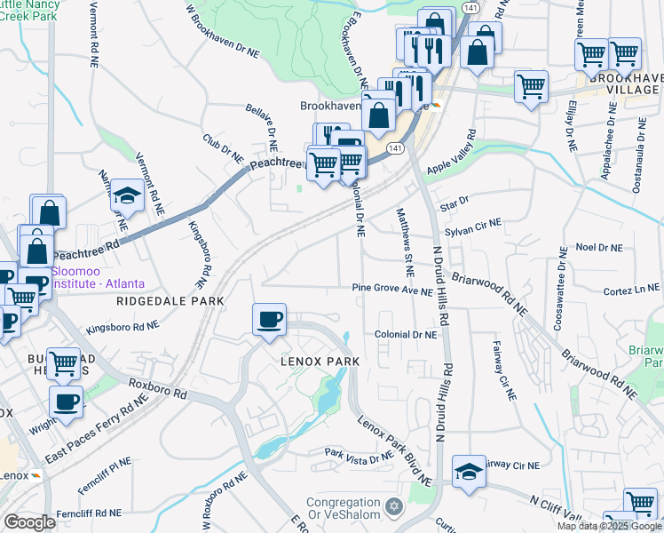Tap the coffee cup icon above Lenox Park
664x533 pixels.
tap(269, 319)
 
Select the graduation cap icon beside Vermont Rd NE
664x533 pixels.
tap(128, 195)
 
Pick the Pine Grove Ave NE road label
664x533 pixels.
tap(391, 290)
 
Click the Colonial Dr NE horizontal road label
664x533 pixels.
tap(406, 336)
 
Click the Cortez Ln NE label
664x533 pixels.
tap(630, 289)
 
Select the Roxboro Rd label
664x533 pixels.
tap(159, 391)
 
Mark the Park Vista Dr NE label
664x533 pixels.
tap(358, 457)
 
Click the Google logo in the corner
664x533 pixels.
tap(29, 521)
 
